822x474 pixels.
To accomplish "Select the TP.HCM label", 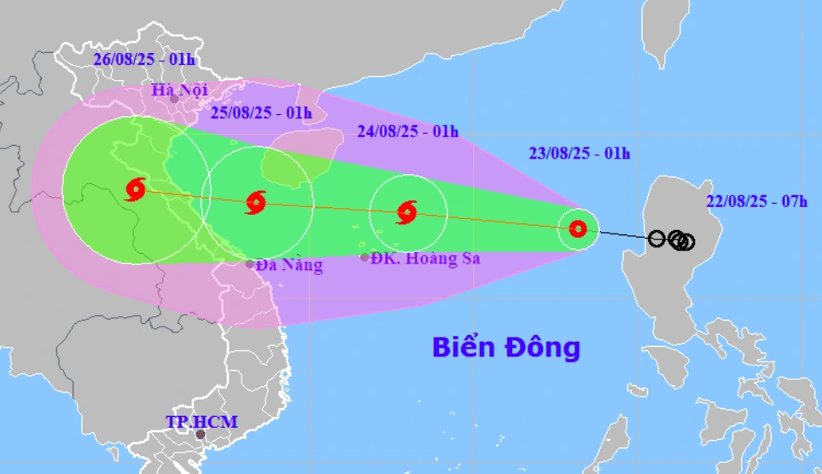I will coord(201,421).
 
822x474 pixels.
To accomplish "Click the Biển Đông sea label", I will coord(505,347).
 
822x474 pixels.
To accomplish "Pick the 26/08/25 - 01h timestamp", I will coord(144,59).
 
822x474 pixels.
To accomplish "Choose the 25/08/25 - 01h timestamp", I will coord(261,113).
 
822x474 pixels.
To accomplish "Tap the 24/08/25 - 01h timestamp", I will coord(407,131).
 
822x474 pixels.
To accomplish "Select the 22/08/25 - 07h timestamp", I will coord(757,201).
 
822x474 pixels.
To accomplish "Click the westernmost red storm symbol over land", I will coord(136,188).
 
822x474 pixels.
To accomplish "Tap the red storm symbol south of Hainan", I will coord(256,203).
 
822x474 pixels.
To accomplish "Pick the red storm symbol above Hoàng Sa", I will coord(407,212).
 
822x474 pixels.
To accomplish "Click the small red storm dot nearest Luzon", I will coord(578,228).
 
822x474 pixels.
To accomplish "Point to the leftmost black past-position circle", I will coord(656,239).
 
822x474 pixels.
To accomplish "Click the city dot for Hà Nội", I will coord(175,99).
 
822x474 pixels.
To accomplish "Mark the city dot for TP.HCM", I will coord(201,435).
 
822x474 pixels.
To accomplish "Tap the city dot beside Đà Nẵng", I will coord(250,263).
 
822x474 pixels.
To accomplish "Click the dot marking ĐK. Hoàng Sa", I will coord(364,257).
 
